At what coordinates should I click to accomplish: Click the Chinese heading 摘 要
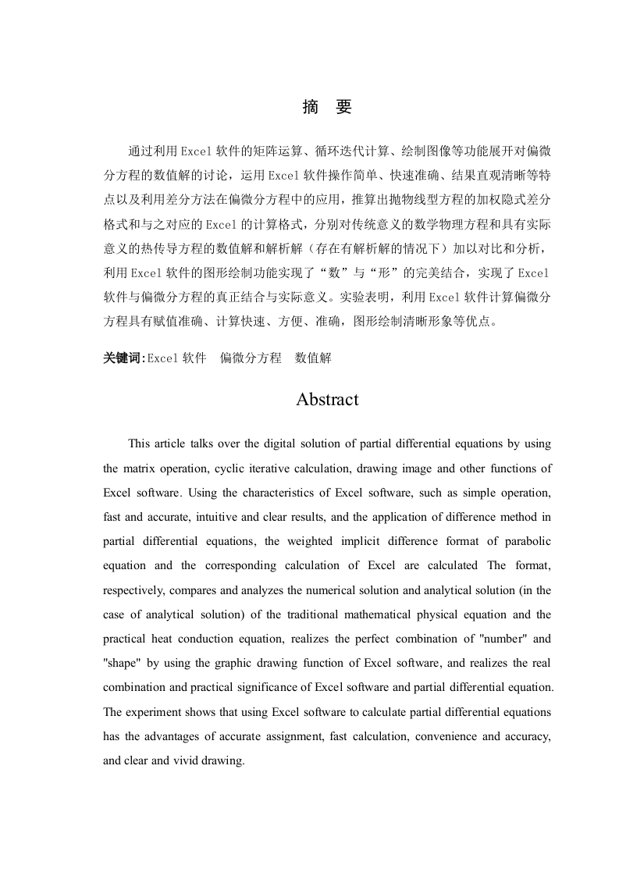pos(327,108)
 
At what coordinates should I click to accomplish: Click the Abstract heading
pos(327,400)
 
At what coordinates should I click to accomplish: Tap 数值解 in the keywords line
pos(313,358)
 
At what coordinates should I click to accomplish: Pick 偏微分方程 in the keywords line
pos(251,358)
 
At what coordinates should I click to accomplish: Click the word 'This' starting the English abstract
pos(139,444)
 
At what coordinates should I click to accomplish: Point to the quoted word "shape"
pos(123,662)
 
